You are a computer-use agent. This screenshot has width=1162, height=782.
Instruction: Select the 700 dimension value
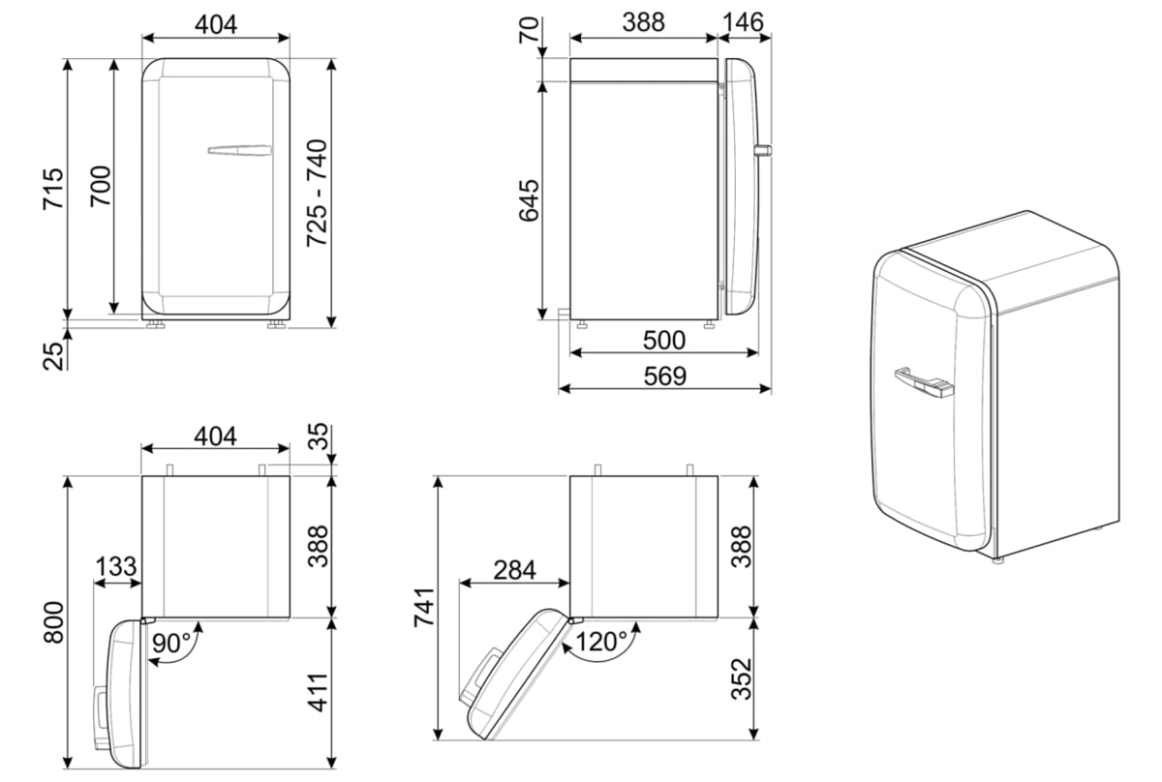(101, 187)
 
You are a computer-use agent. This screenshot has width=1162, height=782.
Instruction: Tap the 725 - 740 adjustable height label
(319, 192)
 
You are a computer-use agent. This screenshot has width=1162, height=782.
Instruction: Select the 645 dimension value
(529, 200)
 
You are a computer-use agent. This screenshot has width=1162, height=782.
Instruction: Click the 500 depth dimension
(664, 341)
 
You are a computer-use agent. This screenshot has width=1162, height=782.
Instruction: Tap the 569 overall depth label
(664, 376)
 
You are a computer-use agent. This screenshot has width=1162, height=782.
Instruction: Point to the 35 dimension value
(319, 438)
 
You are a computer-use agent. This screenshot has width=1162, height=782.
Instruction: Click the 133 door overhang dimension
(117, 567)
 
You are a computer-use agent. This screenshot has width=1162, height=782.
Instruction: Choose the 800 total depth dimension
(54, 622)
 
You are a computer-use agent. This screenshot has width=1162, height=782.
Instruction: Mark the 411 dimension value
(319, 692)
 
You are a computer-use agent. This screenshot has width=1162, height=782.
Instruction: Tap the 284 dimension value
(512, 570)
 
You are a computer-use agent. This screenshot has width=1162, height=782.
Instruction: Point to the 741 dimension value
(422, 608)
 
